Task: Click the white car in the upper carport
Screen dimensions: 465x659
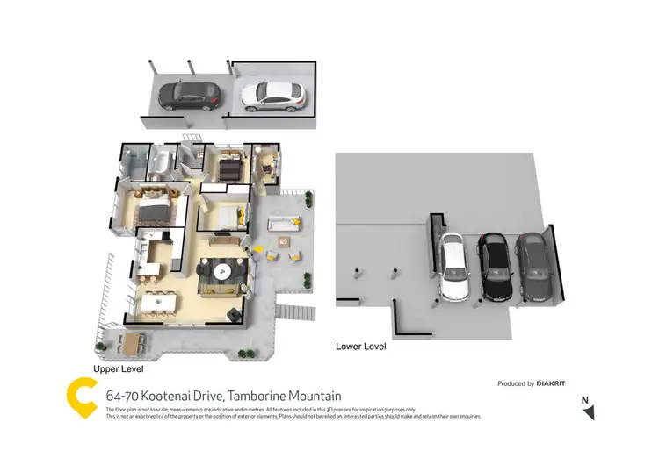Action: click(x=272, y=95)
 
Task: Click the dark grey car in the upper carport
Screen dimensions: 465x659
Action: click(x=190, y=95)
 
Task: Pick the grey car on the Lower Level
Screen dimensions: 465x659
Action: click(x=535, y=266)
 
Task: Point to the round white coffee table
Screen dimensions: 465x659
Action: click(x=224, y=271)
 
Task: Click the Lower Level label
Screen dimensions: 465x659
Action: click(x=361, y=347)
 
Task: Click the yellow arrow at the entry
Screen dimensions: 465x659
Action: click(x=257, y=250)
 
